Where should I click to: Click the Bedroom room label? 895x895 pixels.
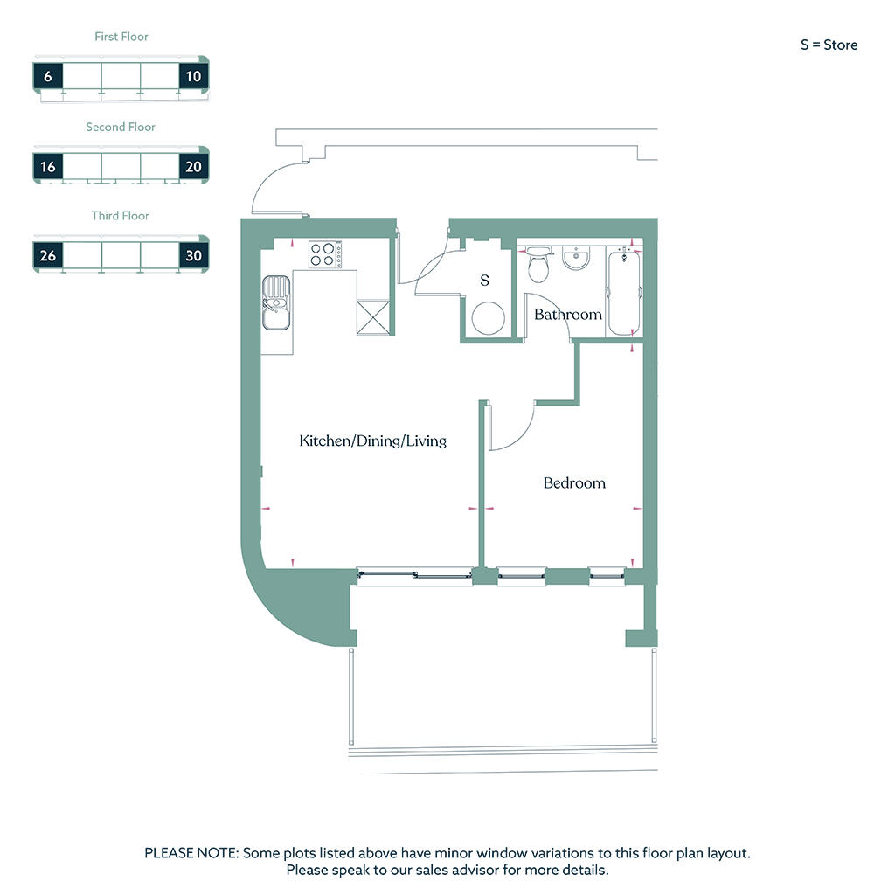point(574,482)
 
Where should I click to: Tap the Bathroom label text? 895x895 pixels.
point(568,314)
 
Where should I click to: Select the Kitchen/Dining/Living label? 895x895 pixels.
point(372,441)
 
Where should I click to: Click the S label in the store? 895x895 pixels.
point(484,281)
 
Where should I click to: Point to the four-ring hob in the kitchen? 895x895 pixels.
point(325,254)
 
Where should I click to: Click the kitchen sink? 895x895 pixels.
point(276,303)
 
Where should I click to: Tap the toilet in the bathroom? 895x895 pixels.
point(538,264)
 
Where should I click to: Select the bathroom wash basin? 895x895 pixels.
point(576,258)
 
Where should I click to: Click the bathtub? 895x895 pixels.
point(624,292)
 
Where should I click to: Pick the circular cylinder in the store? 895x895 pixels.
point(488,318)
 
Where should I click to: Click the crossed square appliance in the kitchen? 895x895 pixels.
point(373,317)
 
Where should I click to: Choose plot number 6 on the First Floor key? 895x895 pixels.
point(48,76)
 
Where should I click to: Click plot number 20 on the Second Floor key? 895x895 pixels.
point(193,167)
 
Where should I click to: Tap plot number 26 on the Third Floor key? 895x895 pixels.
point(48,256)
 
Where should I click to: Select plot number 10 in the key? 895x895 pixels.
point(193,76)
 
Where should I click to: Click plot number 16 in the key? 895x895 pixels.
point(48,167)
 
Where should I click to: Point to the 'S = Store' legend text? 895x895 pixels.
point(829,45)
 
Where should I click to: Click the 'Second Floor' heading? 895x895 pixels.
point(121,127)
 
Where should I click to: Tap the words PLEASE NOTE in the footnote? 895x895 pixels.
point(191,853)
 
